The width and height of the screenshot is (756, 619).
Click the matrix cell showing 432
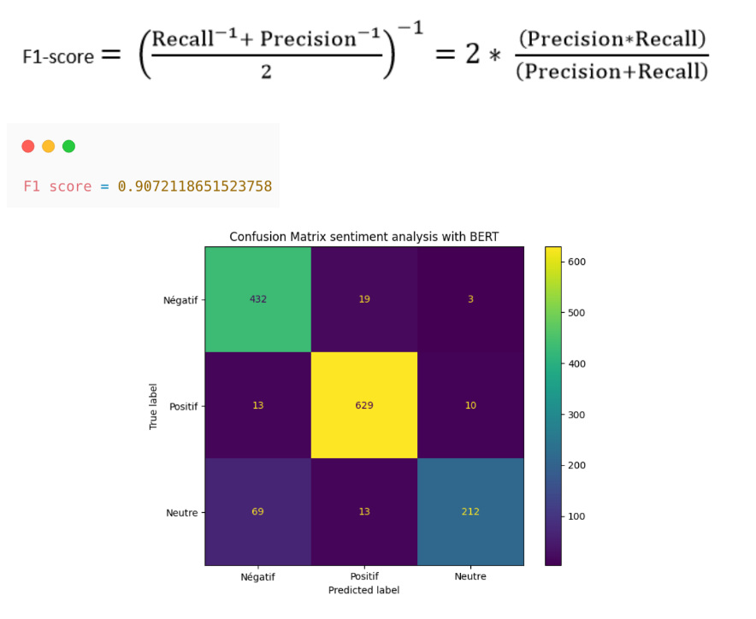257,299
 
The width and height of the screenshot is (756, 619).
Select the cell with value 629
363,405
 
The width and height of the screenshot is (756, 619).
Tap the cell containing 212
470,511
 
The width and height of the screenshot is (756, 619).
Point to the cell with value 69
257,511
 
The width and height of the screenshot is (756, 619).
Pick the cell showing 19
363,299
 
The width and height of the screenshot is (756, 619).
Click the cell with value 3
470,299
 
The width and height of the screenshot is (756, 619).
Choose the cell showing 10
470,405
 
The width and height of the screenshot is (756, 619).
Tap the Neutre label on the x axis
470,576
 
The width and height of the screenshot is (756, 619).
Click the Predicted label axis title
363,590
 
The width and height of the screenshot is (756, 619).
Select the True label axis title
154,405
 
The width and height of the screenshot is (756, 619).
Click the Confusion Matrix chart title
363,237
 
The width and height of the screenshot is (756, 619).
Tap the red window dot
28,146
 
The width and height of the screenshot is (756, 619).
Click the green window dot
68,146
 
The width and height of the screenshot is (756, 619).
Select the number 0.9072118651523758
194,186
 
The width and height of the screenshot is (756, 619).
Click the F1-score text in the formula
58,56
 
